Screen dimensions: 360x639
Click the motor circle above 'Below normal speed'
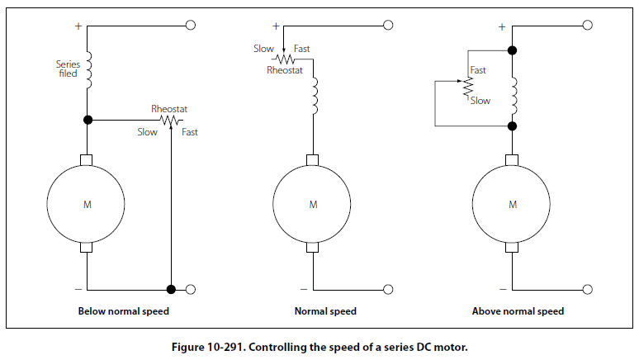click(x=86, y=204)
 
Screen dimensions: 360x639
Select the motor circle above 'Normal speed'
click(x=312, y=204)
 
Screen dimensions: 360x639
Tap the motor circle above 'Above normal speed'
click(x=512, y=204)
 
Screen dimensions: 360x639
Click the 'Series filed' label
click(x=67, y=68)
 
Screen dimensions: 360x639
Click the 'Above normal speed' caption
click(x=518, y=311)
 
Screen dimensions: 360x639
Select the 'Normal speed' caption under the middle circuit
click(x=325, y=311)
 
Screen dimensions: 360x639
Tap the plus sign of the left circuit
click(x=78, y=26)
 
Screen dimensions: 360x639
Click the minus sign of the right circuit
click(x=502, y=289)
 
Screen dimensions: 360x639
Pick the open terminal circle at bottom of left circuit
click(x=192, y=289)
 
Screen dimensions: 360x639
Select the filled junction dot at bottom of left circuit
click(x=170, y=289)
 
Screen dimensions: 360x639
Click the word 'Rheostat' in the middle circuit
click(x=285, y=70)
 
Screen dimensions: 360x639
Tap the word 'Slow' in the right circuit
click(x=480, y=100)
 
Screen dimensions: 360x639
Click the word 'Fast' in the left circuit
click(x=189, y=132)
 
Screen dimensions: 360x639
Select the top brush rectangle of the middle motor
click(x=312, y=159)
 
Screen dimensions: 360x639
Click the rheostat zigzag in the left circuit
click(x=170, y=121)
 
